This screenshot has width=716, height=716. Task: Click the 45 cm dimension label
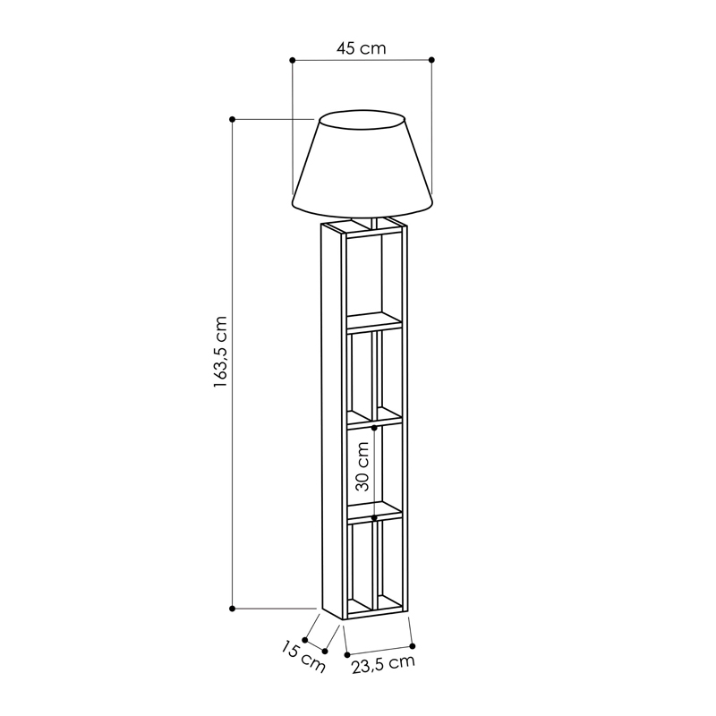(362, 48)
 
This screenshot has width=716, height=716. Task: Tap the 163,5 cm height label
(220, 352)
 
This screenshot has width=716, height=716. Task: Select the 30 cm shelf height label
(362, 466)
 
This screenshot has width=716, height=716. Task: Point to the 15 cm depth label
(303, 657)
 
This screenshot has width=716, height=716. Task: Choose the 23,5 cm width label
(383, 664)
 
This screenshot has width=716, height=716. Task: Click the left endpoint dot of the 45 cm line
(293, 60)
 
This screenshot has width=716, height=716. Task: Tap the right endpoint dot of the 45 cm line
(432, 60)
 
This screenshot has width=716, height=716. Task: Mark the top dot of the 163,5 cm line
(232, 119)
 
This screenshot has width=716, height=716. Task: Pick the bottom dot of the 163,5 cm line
(232, 609)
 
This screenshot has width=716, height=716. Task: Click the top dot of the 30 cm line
(374, 428)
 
